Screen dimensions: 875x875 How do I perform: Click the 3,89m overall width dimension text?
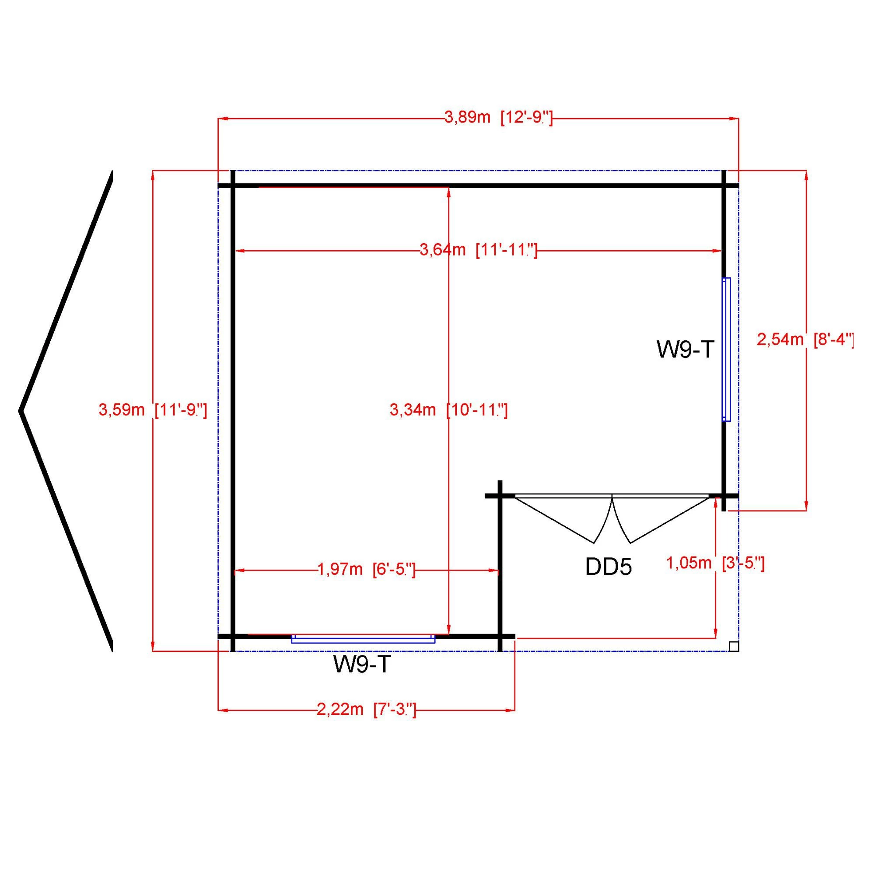click(x=498, y=118)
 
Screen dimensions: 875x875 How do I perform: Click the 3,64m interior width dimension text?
click(x=478, y=250)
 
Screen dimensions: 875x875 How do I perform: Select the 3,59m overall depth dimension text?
click(x=153, y=410)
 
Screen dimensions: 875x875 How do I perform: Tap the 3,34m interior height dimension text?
click(x=448, y=410)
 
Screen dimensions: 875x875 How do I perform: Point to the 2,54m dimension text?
click(x=805, y=339)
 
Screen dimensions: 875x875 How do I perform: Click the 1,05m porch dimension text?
click(x=715, y=563)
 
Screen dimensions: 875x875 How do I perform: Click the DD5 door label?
click(x=608, y=567)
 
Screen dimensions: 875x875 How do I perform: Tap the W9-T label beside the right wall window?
click(x=685, y=350)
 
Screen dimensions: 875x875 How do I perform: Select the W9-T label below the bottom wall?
click(x=361, y=665)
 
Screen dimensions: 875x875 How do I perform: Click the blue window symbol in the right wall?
click(x=726, y=349)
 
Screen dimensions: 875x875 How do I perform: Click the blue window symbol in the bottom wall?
click(x=363, y=639)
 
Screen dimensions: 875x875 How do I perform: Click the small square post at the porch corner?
click(x=734, y=646)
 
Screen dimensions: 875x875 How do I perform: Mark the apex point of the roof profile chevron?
click(x=21, y=411)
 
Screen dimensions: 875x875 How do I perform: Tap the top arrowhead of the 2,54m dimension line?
click(x=806, y=175)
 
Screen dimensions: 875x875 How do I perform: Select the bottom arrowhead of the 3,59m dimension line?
click(x=153, y=647)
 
